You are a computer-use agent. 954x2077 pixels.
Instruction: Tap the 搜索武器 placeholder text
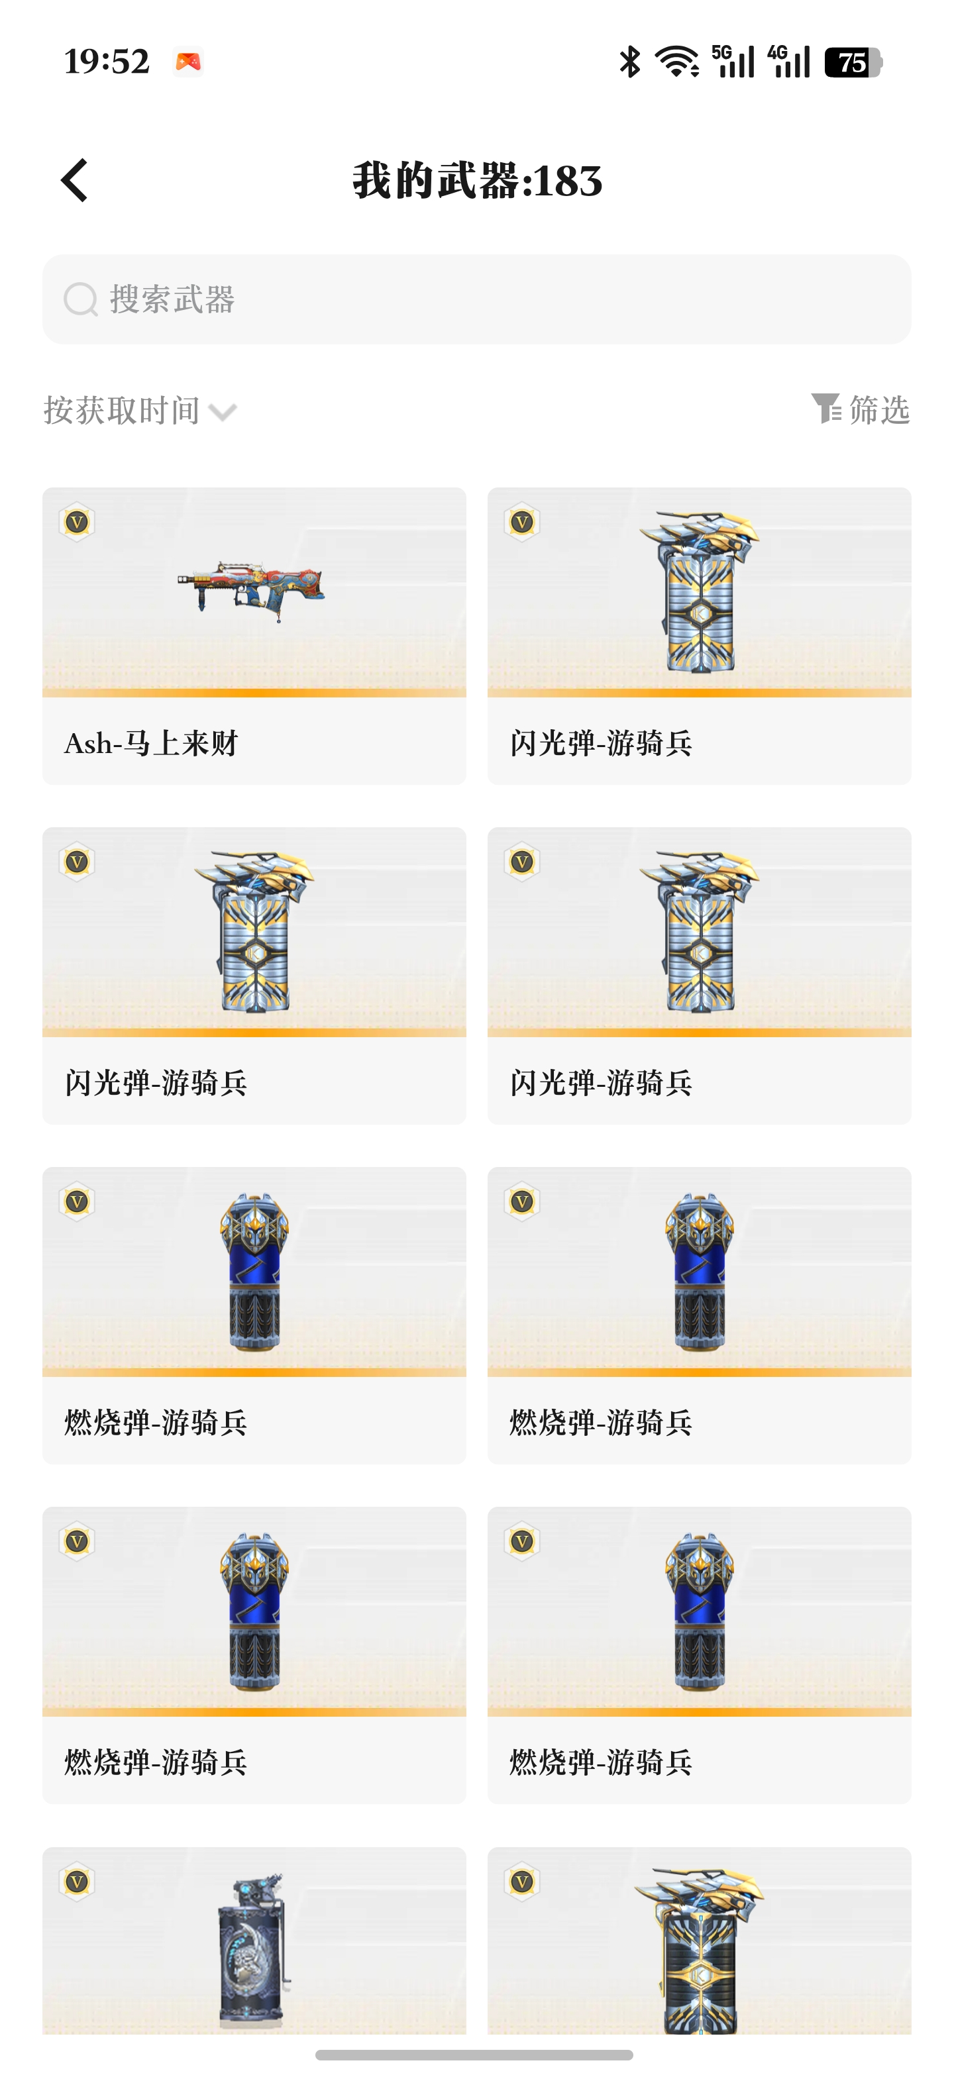click(x=172, y=299)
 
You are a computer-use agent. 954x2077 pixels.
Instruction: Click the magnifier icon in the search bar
click(x=81, y=299)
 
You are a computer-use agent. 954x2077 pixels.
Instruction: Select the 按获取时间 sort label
click(x=122, y=411)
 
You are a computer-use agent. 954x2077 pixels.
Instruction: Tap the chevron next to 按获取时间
click(x=223, y=413)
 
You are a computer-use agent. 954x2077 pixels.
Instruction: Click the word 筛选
click(x=880, y=409)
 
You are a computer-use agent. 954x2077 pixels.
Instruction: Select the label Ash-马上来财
click(x=152, y=742)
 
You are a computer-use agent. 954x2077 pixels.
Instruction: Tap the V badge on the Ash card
click(x=77, y=523)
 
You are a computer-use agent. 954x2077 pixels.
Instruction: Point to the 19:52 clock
click(x=107, y=62)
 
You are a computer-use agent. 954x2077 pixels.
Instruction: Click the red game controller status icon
click(x=189, y=62)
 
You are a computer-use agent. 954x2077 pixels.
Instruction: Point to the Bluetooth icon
click(x=630, y=62)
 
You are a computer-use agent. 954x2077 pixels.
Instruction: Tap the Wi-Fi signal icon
click(x=677, y=62)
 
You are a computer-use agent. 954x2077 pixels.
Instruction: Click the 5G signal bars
click(x=733, y=62)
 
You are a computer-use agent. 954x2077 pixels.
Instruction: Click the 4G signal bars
click(x=788, y=62)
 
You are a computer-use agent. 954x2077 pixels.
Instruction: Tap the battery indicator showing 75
click(x=853, y=62)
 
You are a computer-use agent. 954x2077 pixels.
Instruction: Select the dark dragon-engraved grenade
click(x=253, y=1950)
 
